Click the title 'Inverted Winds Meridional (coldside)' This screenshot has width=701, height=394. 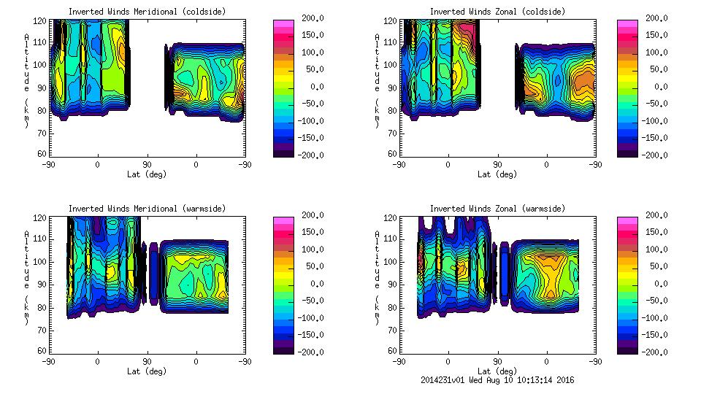[x=147, y=12]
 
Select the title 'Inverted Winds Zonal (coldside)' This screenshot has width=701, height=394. [x=497, y=12]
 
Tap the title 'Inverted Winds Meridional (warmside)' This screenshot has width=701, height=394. [x=147, y=209]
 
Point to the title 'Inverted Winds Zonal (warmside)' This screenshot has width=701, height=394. [x=497, y=209]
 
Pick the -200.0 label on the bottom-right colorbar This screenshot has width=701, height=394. [x=654, y=352]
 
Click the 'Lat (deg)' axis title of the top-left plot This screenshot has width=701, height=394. [x=147, y=174]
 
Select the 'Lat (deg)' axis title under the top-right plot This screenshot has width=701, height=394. [x=497, y=174]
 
